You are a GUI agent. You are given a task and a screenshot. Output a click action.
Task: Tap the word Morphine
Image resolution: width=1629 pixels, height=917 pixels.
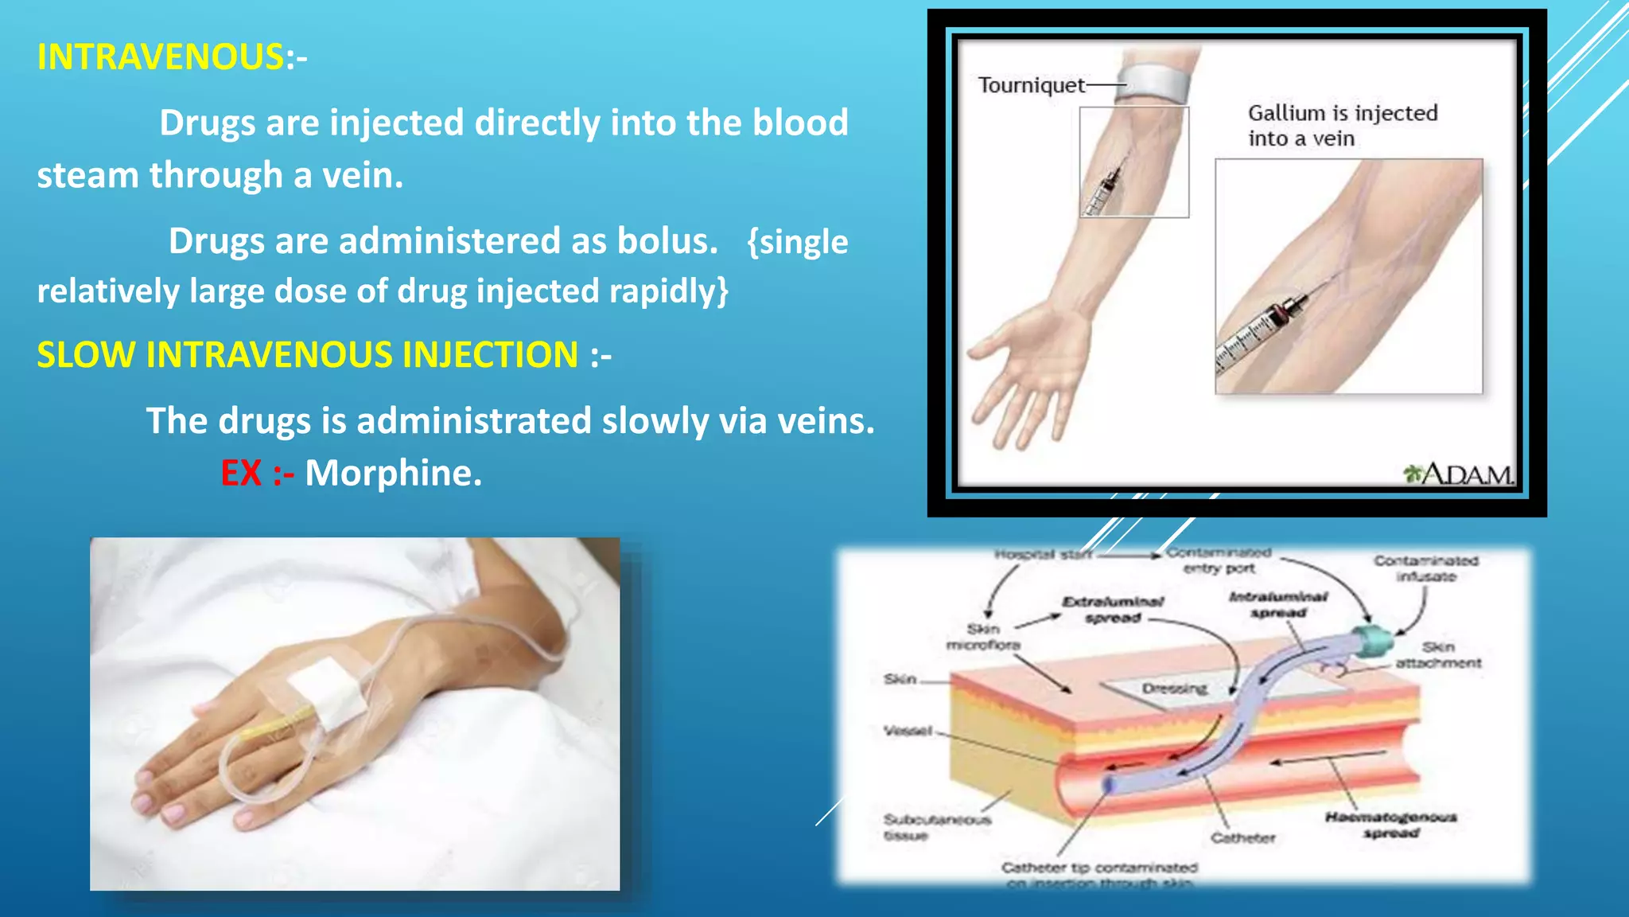[x=393, y=473]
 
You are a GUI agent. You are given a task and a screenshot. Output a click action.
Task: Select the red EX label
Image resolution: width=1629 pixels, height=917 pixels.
[x=241, y=473]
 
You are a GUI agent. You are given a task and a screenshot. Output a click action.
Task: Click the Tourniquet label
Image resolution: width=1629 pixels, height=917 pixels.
[x=1031, y=85]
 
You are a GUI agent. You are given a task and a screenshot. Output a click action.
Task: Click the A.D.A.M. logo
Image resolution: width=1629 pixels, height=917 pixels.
[x=1459, y=474]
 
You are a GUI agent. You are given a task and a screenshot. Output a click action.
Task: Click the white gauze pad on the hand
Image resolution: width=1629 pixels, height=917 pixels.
[x=327, y=693]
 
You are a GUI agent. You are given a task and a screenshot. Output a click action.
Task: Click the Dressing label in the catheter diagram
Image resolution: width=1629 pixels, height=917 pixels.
[x=1175, y=689]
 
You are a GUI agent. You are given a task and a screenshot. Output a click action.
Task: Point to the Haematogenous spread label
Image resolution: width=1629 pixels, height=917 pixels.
[x=1390, y=825]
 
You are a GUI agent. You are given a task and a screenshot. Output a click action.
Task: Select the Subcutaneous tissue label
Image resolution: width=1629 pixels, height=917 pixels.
[x=936, y=827]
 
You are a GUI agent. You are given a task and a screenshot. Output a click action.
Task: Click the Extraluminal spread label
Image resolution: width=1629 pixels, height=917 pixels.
[x=1113, y=609]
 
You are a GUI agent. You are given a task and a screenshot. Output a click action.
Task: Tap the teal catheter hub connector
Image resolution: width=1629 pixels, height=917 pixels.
[x=1373, y=641]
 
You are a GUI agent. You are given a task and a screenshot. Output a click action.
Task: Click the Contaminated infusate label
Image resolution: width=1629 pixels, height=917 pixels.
[x=1426, y=568]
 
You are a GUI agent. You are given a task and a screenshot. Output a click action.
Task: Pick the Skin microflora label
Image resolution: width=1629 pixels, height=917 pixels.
[x=983, y=637]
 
